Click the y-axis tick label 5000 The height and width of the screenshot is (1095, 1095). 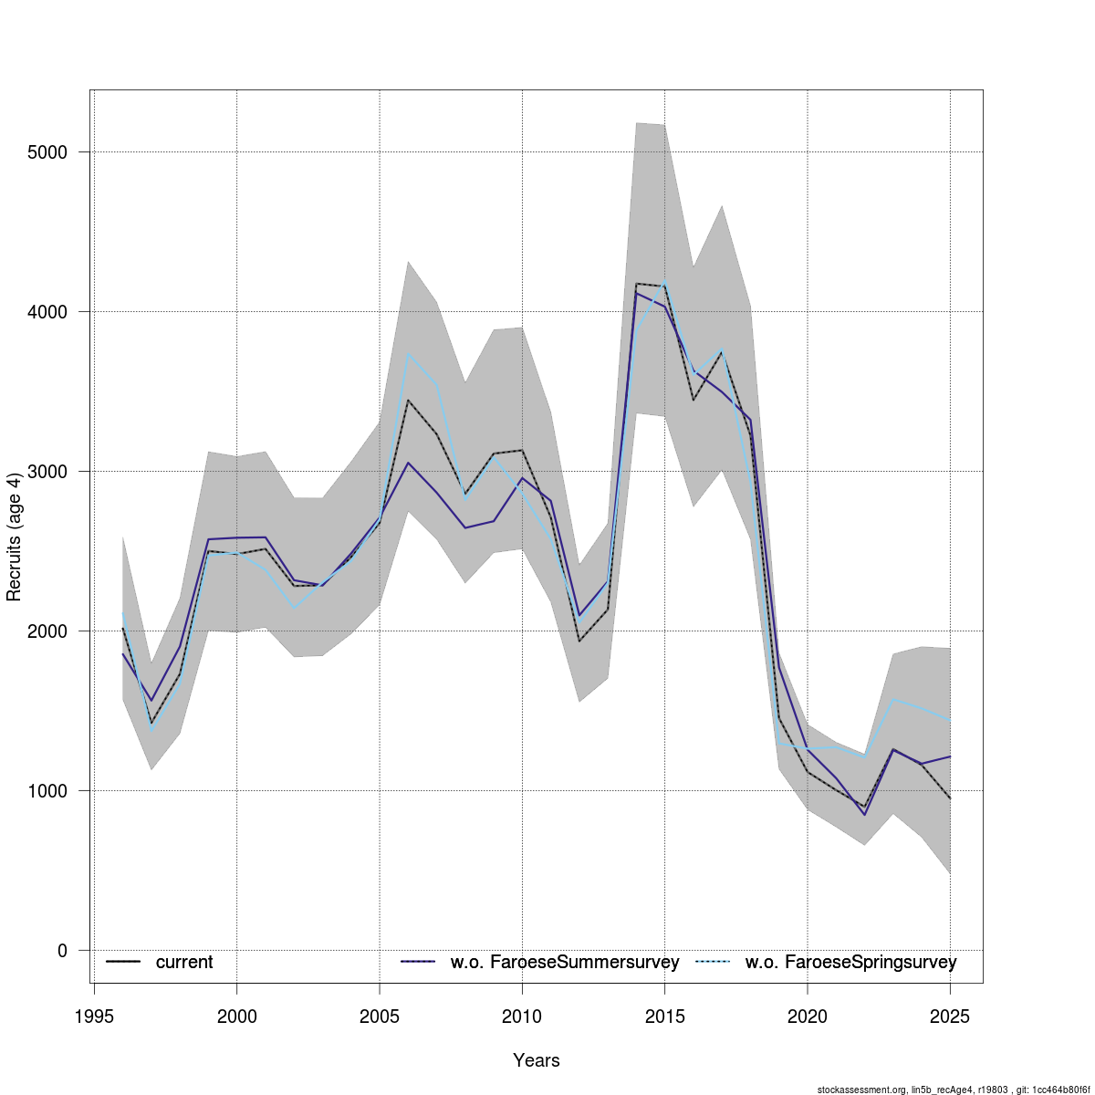pos(50,152)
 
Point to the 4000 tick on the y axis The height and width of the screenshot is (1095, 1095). pos(50,312)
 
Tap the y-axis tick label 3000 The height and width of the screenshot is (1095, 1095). pos(50,472)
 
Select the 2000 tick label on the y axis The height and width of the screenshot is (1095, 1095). pos(50,631)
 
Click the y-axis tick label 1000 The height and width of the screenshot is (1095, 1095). pos(50,791)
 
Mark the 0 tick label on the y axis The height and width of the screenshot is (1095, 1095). pos(62,951)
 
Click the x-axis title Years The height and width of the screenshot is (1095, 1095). pos(537,1060)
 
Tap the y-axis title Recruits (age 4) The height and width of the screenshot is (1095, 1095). pos(14,537)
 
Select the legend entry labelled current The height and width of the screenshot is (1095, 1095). pos(183,963)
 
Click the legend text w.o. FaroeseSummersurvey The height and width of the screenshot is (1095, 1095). pos(565,963)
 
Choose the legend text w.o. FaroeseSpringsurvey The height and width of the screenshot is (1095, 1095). pos(850,963)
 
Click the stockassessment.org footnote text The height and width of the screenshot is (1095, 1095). pos(954,1090)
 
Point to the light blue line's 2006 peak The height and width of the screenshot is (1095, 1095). pos(408,353)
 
